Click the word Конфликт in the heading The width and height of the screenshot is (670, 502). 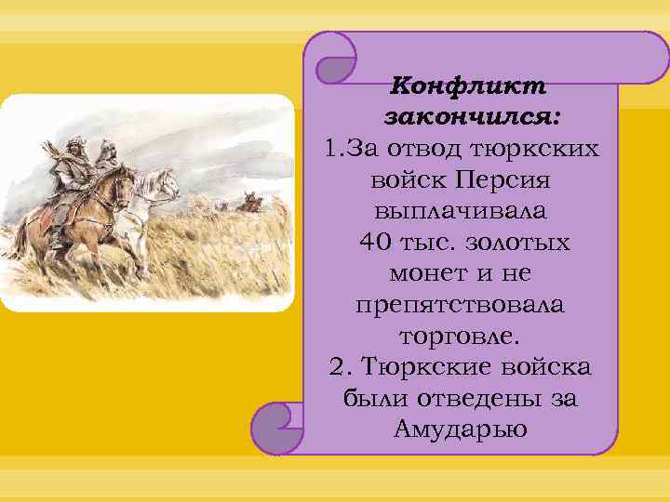point(468,86)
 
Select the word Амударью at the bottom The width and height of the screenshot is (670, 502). point(461,429)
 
